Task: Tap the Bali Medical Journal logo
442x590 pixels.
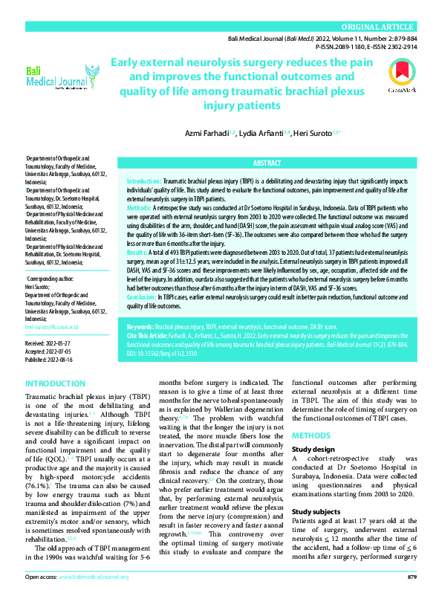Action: pos(62,76)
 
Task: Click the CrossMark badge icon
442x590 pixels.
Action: pos(400,74)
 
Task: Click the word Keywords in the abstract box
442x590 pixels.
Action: pos(140,326)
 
